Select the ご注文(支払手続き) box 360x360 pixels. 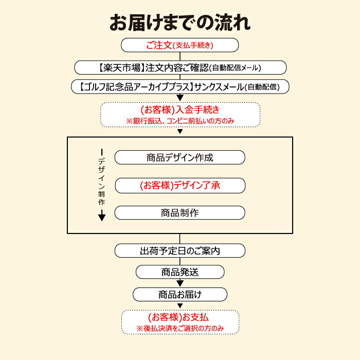click(x=180, y=45)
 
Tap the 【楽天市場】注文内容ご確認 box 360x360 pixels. click(x=180, y=67)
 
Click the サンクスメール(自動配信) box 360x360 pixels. click(x=180, y=86)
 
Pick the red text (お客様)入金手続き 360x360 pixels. click(x=180, y=110)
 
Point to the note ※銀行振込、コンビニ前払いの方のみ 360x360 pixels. click(x=180, y=121)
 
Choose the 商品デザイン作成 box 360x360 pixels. click(x=180, y=157)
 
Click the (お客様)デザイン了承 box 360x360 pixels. click(x=180, y=185)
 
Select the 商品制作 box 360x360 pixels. click(x=180, y=212)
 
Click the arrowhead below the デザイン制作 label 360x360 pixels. click(x=102, y=218)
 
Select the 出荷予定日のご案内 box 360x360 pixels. click(x=180, y=250)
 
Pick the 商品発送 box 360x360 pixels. click(x=180, y=272)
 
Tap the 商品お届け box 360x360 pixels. click(x=180, y=294)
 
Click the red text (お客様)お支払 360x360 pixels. click(x=178, y=317)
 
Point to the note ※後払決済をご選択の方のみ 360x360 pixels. click(x=180, y=328)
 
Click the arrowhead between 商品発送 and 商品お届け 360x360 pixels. click(x=180, y=283)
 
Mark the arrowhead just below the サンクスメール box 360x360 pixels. click(x=180, y=98)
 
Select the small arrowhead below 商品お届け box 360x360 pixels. click(x=180, y=306)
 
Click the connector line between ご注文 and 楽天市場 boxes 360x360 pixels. click(x=180, y=56)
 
